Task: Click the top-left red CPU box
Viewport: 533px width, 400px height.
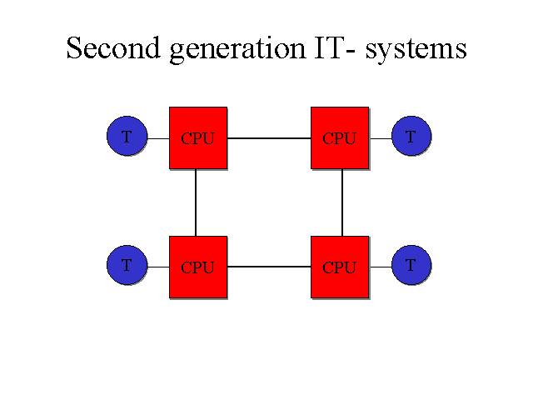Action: point(198,137)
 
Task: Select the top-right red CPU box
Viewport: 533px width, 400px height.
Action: point(340,137)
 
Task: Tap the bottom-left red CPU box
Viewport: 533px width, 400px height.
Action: point(198,267)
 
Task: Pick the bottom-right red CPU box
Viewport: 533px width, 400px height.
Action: point(340,267)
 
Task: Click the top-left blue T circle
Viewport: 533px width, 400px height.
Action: point(127,136)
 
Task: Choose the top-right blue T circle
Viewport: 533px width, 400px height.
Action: point(411,136)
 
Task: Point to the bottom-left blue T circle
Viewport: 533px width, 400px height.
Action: point(127,265)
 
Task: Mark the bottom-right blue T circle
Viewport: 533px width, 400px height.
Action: point(411,265)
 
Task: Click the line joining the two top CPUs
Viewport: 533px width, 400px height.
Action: point(269,138)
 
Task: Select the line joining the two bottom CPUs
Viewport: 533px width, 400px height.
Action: point(269,267)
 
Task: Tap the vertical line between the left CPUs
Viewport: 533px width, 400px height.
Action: point(196,202)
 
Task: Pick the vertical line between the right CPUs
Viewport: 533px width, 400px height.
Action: point(342,202)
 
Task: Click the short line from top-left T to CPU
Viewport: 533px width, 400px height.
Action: point(158,138)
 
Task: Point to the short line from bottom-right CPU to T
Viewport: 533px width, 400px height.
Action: point(381,267)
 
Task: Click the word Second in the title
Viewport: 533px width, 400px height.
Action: point(113,48)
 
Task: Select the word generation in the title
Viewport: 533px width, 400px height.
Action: point(237,50)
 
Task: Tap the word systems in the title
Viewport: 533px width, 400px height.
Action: point(416,51)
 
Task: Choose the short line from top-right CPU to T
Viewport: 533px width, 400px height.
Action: point(381,138)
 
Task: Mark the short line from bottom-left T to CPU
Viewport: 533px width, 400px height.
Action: point(158,267)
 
